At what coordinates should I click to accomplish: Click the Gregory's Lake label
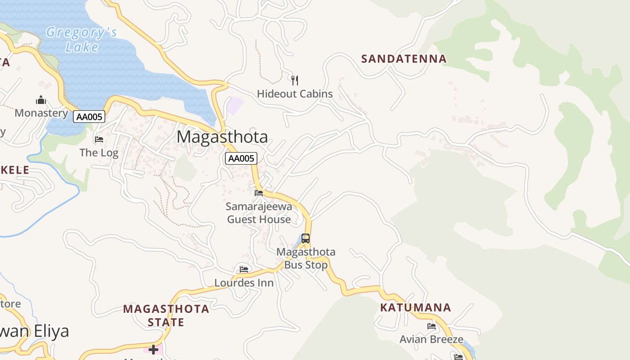click(81, 40)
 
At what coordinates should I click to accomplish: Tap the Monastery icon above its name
click(41, 99)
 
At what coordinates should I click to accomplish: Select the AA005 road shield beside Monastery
click(89, 117)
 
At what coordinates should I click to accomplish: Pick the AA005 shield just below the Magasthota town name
click(241, 158)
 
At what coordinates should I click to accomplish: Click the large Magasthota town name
click(222, 137)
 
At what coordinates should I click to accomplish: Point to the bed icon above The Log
click(99, 139)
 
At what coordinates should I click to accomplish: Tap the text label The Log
click(99, 153)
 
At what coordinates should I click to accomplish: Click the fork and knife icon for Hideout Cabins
click(295, 81)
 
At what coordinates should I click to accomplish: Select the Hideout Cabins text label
click(295, 94)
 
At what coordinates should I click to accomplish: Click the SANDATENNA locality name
click(404, 59)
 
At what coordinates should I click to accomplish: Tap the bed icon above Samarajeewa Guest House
click(259, 193)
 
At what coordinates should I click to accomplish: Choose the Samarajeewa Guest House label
click(259, 213)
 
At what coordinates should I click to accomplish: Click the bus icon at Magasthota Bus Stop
click(306, 238)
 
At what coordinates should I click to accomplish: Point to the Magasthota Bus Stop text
click(306, 258)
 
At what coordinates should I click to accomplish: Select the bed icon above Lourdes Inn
click(244, 269)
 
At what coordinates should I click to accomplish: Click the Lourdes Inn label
click(244, 283)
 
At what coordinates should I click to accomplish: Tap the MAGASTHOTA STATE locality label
click(166, 315)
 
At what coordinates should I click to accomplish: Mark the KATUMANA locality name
click(415, 308)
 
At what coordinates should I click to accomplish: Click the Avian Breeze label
click(431, 339)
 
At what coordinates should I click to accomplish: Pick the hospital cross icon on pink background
click(153, 350)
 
